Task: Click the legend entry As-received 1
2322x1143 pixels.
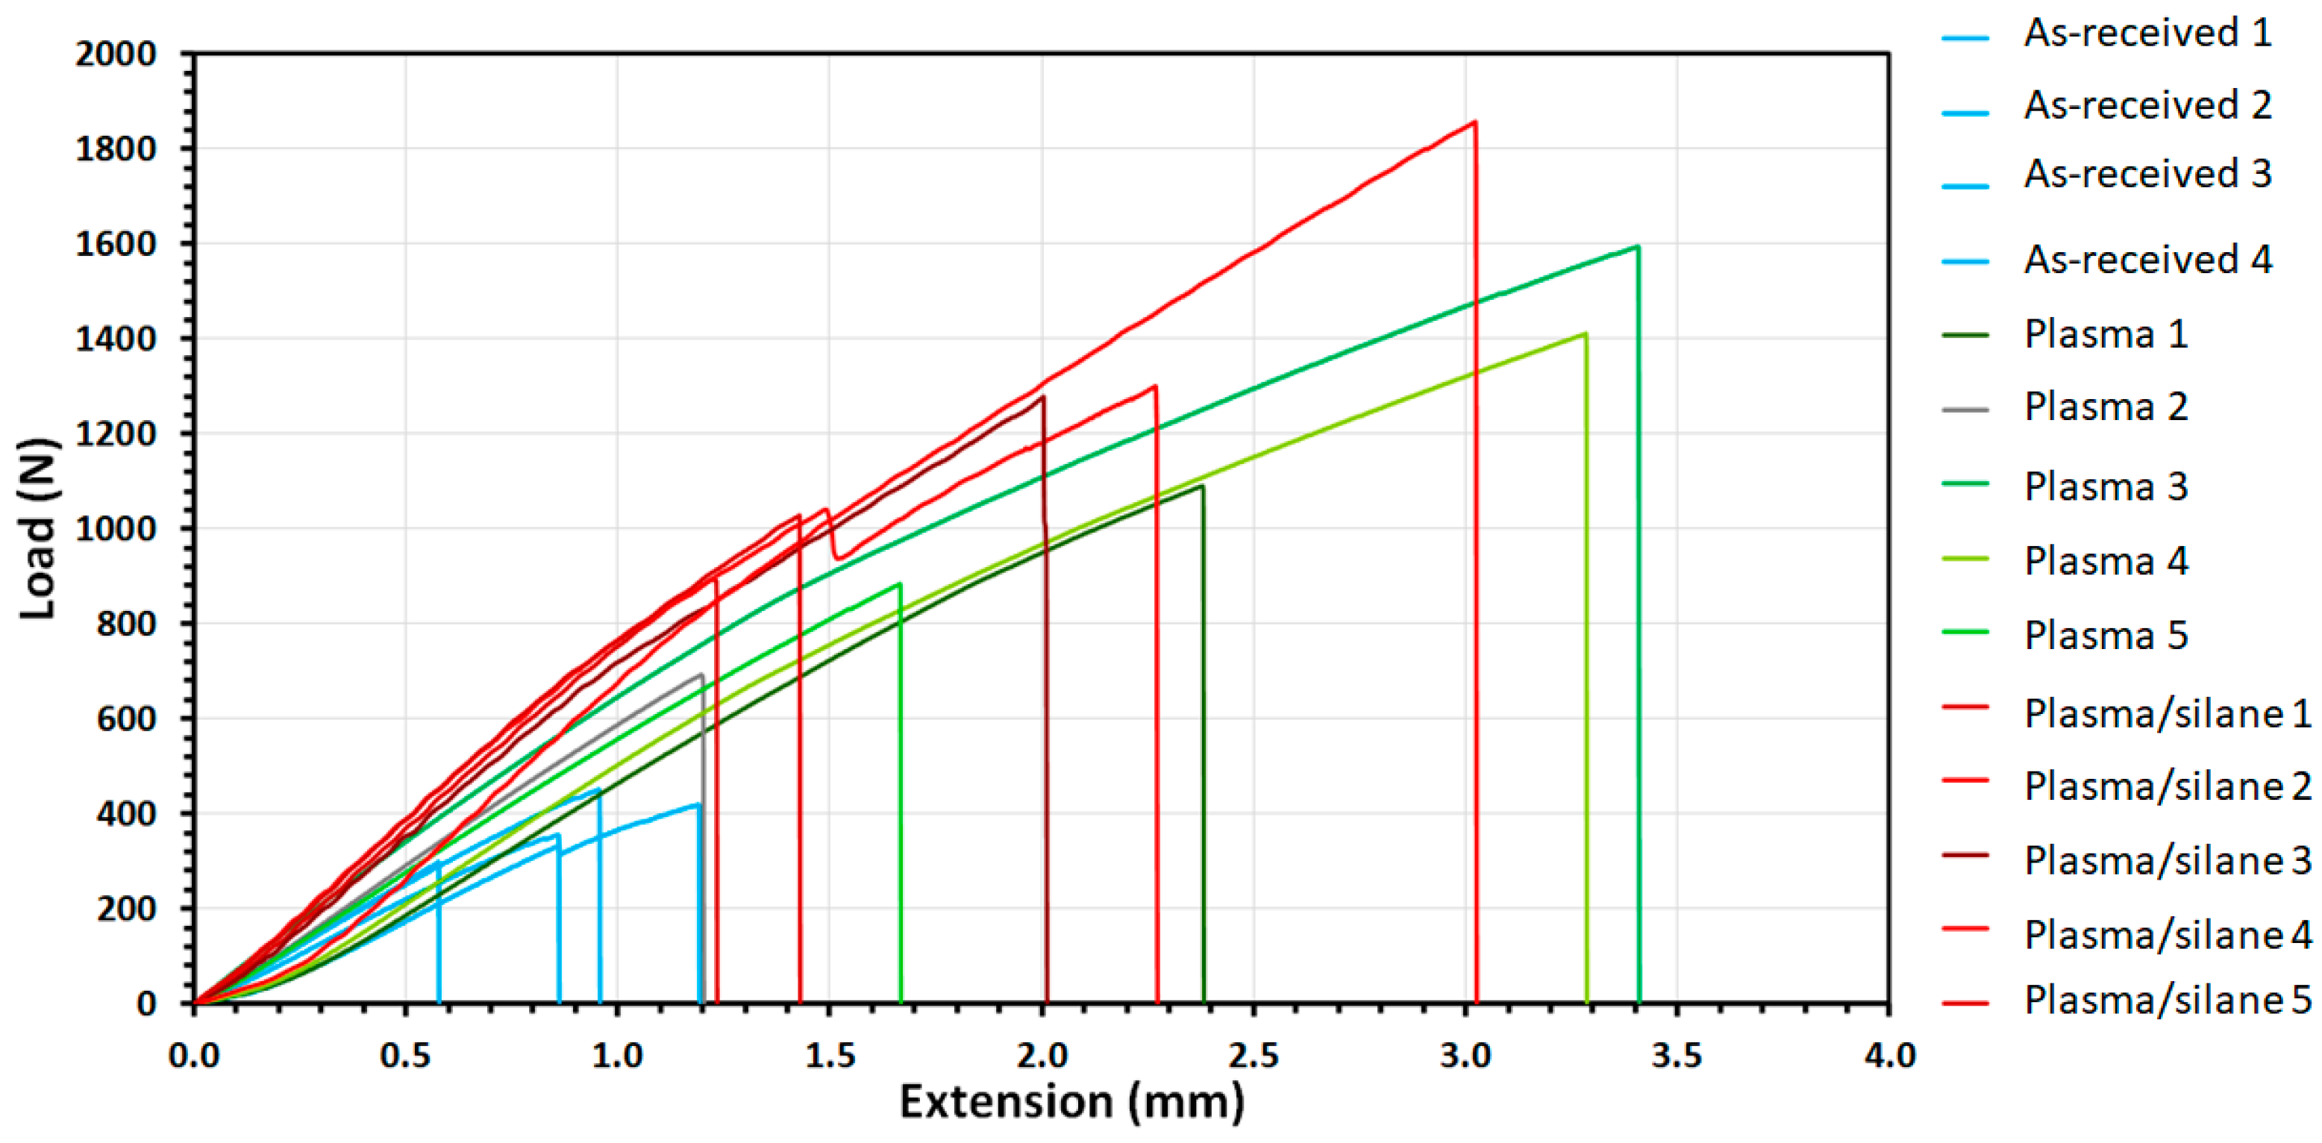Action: click(x=2146, y=34)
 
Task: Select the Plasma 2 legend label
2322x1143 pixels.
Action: click(x=2106, y=407)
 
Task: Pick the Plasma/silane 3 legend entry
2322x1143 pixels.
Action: click(x=2167, y=861)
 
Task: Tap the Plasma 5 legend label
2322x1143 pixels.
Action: click(x=2106, y=636)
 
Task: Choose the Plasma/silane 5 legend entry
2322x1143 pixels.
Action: click(x=2167, y=1000)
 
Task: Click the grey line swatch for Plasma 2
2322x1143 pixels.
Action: click(x=1965, y=410)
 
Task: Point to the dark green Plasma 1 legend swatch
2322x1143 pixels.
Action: click(x=1965, y=335)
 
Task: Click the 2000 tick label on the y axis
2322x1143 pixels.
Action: click(x=116, y=54)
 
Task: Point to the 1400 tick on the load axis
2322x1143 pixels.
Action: click(x=116, y=339)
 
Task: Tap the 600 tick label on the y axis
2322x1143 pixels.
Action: click(x=126, y=718)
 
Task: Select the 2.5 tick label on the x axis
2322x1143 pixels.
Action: click(x=1253, y=1055)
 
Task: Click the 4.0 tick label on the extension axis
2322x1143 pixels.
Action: click(x=1889, y=1055)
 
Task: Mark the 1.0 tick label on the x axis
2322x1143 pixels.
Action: click(x=618, y=1055)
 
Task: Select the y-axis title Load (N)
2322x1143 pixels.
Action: click(x=38, y=529)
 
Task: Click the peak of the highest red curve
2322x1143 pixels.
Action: click(x=1474, y=122)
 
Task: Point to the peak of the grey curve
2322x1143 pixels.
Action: click(x=701, y=674)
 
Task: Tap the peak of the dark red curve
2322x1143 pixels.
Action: click(x=1043, y=397)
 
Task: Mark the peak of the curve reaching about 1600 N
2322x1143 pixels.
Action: click(x=1637, y=246)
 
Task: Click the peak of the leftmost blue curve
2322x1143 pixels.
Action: click(x=438, y=862)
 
